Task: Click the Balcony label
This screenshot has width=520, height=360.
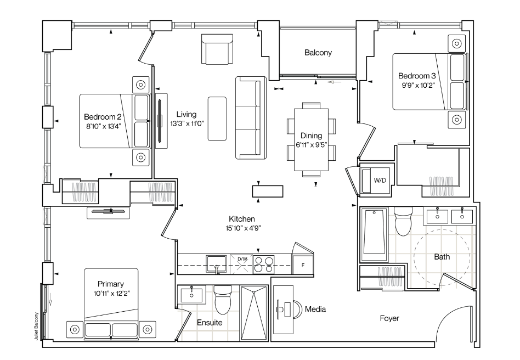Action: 318,53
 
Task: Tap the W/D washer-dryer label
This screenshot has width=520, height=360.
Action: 380,181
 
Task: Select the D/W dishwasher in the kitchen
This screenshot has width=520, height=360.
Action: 241,264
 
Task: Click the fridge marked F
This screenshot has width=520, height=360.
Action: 302,265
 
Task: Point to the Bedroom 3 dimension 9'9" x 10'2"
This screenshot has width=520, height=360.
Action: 418,85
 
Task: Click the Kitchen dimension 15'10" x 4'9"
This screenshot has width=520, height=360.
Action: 242,228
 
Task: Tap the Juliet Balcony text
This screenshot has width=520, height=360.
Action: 37,326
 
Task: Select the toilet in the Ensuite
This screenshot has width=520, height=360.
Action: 223,300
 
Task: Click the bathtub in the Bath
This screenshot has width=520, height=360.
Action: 374,234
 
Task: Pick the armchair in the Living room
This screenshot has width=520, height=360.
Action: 217,49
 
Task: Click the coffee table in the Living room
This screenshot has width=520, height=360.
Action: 217,119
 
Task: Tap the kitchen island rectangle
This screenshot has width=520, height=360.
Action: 268,192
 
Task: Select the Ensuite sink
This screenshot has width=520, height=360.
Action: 191,295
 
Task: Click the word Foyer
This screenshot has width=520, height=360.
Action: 389,318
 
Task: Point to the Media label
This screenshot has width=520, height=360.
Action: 315,309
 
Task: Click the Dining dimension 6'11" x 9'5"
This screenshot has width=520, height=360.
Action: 312,145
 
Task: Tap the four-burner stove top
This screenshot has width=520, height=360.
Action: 264,265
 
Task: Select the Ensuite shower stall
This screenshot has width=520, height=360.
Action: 254,313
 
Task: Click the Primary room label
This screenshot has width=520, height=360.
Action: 111,284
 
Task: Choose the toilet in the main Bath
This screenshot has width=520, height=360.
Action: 403,221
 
